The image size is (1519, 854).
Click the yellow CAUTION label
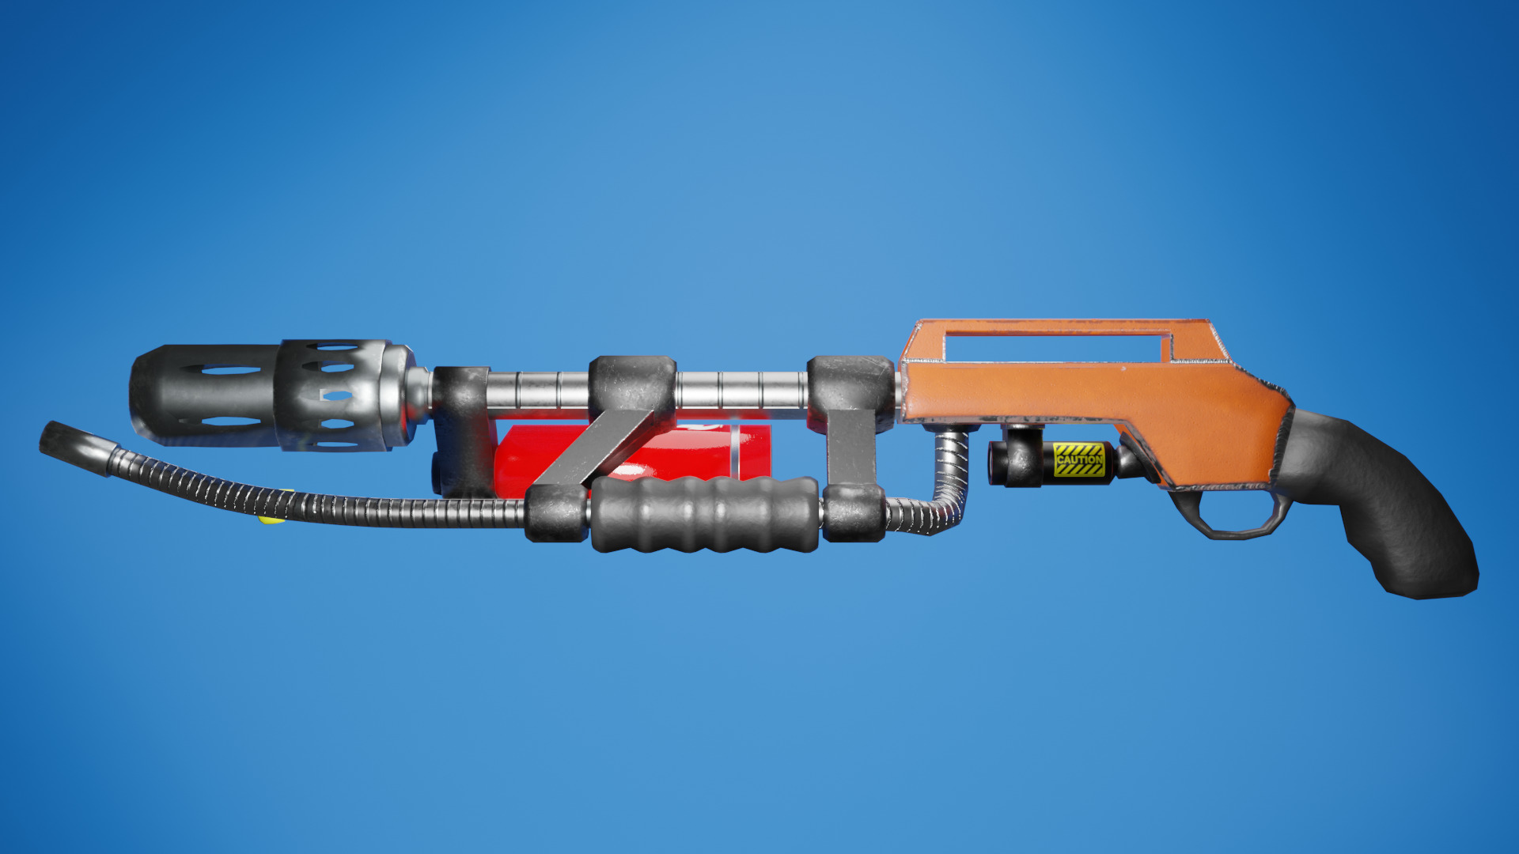point(1079,459)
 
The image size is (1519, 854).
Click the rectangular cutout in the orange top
point(1056,346)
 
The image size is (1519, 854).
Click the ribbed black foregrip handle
point(704,514)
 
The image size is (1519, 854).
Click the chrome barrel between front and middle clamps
point(538,390)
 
